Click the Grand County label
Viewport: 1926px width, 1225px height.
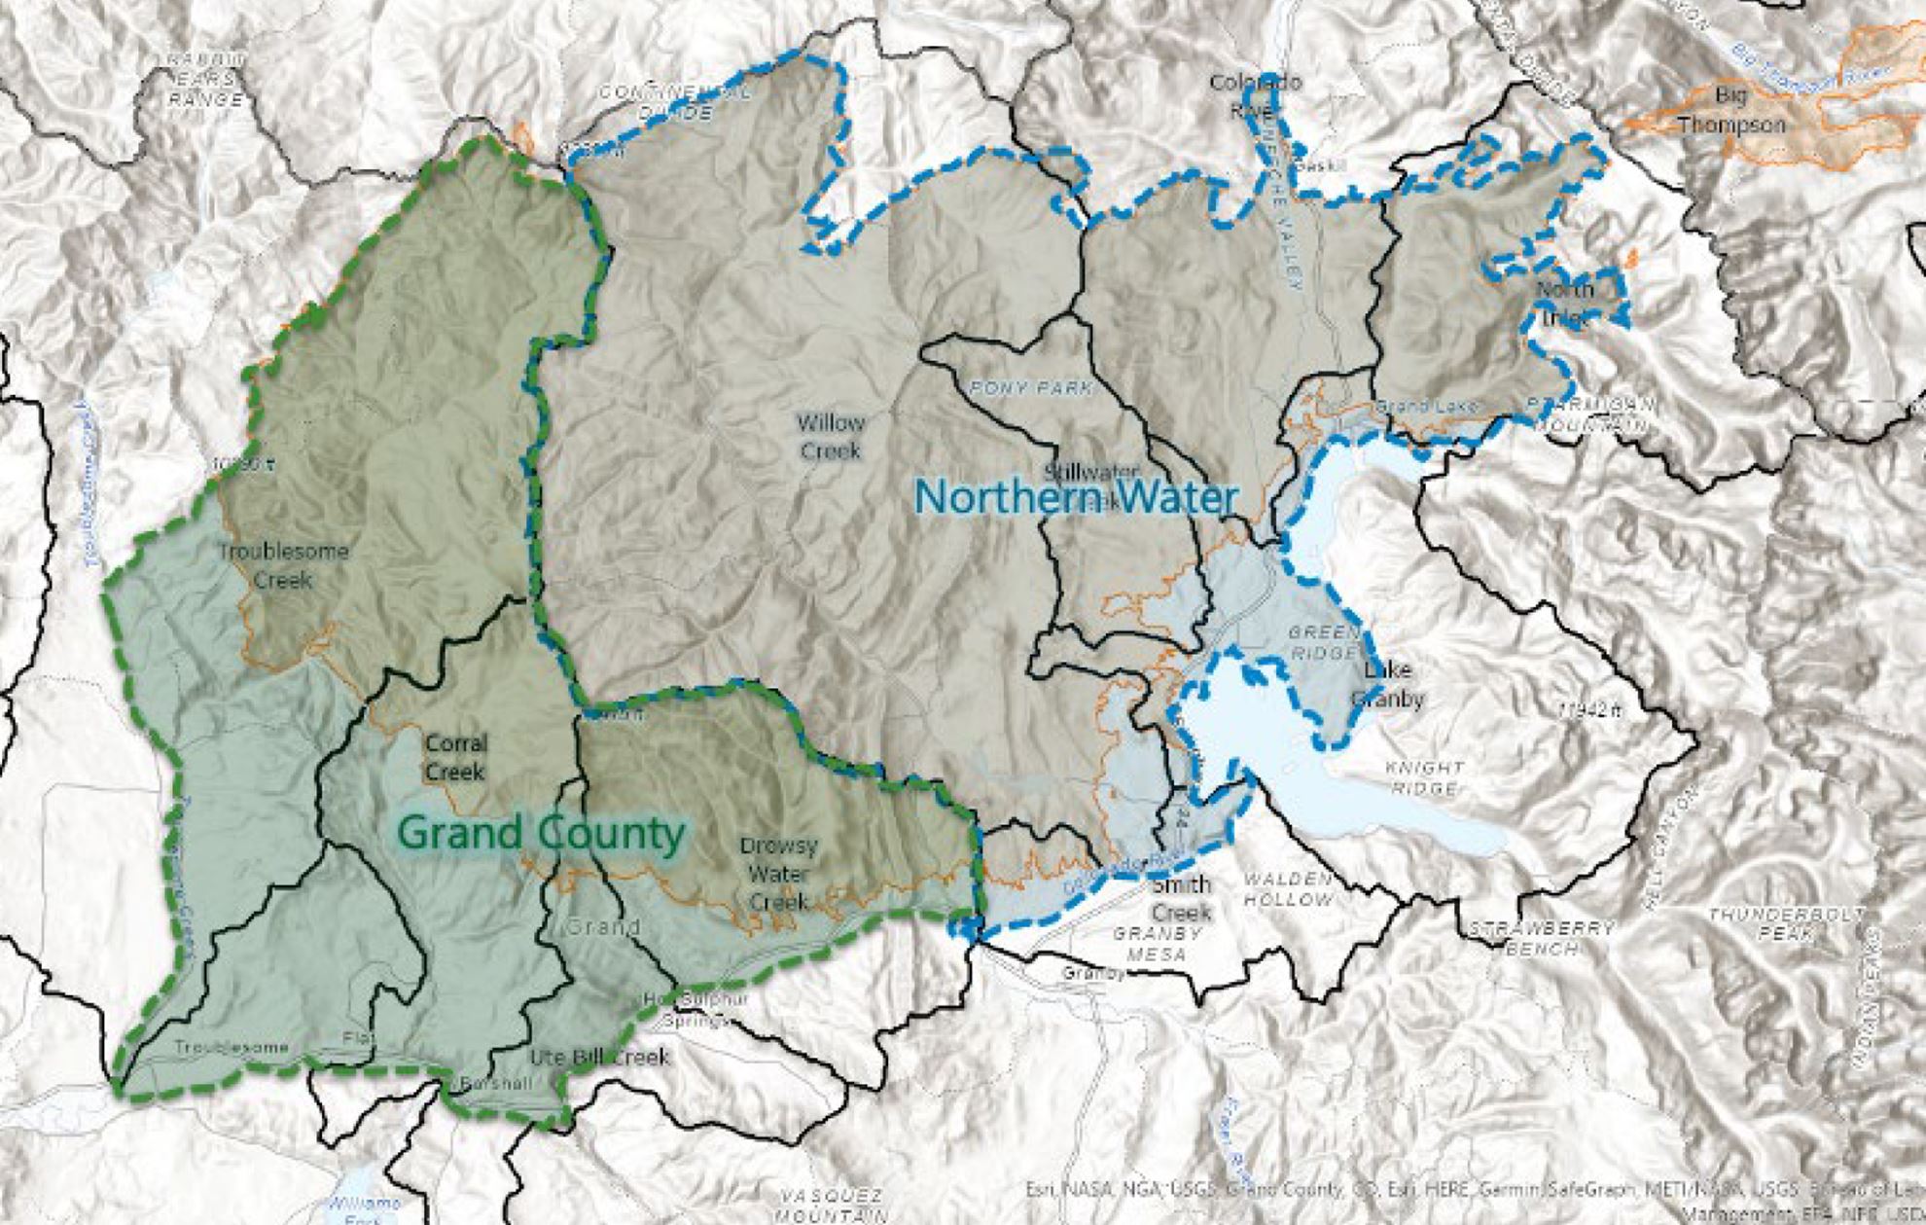(x=542, y=834)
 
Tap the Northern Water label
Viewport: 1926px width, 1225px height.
(x=1075, y=497)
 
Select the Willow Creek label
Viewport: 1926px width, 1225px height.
(x=830, y=437)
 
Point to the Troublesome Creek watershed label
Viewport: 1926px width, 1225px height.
(x=282, y=565)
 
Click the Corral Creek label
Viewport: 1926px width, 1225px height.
(x=455, y=757)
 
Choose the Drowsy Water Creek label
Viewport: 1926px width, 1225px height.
(x=778, y=874)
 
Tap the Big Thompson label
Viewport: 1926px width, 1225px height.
(x=1731, y=110)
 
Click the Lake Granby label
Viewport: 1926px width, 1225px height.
(x=1388, y=684)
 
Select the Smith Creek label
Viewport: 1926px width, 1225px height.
(x=1181, y=898)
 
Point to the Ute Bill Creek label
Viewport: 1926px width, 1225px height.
(x=599, y=1057)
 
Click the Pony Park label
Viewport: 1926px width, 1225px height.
(x=1031, y=388)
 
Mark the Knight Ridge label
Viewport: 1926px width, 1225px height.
(x=1424, y=777)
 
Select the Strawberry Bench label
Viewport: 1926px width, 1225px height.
(x=1541, y=937)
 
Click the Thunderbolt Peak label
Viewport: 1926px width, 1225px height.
(x=1787, y=923)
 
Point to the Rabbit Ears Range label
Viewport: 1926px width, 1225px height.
(x=204, y=79)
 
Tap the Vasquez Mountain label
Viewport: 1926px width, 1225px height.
(x=830, y=1205)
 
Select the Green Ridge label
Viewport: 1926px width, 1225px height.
(x=1323, y=642)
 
